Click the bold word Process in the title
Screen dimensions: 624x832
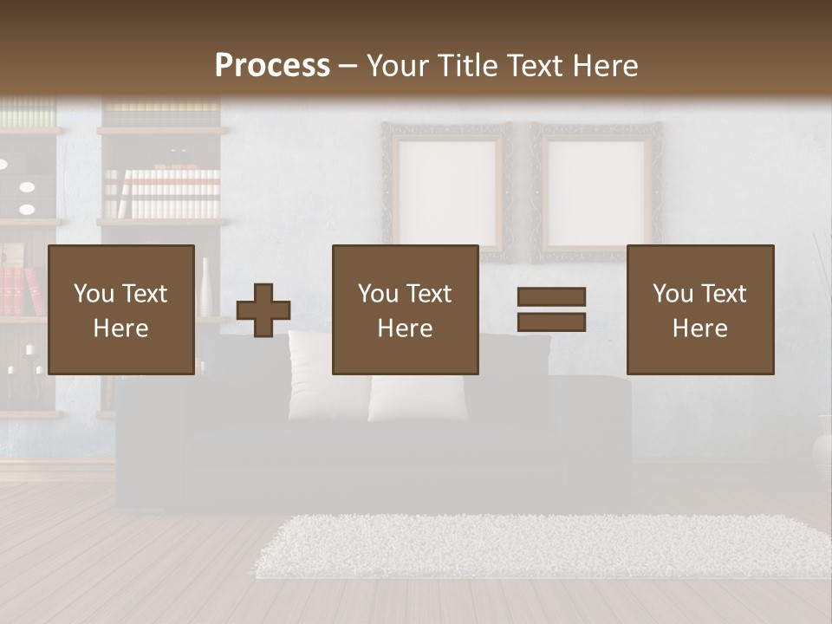272,66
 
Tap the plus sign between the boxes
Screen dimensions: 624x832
263,310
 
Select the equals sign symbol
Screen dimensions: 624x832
551,309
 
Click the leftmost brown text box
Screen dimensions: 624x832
120,309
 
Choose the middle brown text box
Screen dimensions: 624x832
405,309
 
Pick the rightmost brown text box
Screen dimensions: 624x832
699,309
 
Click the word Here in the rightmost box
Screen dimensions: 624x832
699,328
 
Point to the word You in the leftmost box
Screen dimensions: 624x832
93,293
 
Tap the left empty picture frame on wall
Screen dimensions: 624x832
446,191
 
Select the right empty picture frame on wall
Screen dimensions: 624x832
597,191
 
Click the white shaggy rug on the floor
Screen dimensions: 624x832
537,546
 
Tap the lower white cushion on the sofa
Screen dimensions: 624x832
417,399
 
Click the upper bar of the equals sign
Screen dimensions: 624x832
551,296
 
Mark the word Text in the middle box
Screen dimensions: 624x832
429,293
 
